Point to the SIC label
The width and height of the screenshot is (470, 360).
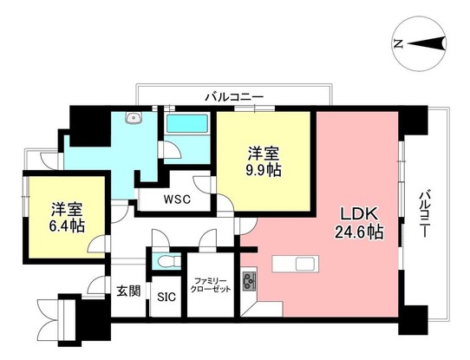[x=166, y=296]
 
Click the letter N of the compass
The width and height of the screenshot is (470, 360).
[x=398, y=43]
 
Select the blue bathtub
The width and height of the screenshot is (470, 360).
[x=188, y=123]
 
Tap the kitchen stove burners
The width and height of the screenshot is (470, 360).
[x=251, y=280]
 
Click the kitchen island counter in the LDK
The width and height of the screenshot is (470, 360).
[x=297, y=263]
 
